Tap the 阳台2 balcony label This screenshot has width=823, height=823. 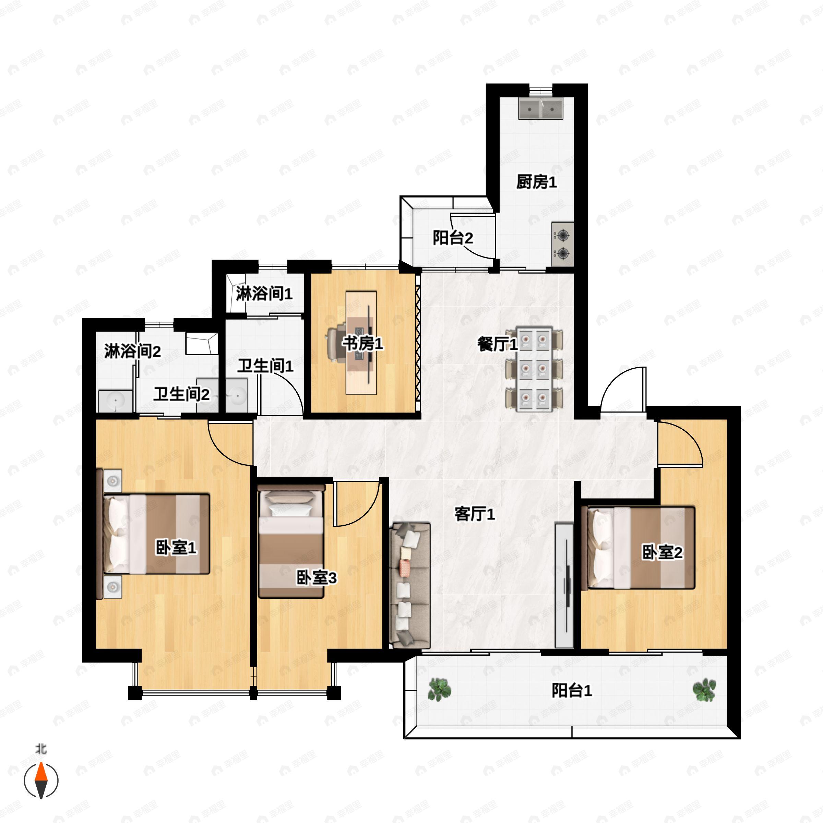pos(453,238)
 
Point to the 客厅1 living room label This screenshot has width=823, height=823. pos(475,514)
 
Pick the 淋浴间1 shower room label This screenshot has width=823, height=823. pos(264,294)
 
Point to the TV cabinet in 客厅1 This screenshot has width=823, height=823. pos(564,586)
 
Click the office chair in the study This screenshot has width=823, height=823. pos(336,343)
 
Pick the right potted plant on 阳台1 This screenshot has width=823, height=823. pos(704,689)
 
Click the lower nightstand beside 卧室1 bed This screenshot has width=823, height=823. pos(112,587)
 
